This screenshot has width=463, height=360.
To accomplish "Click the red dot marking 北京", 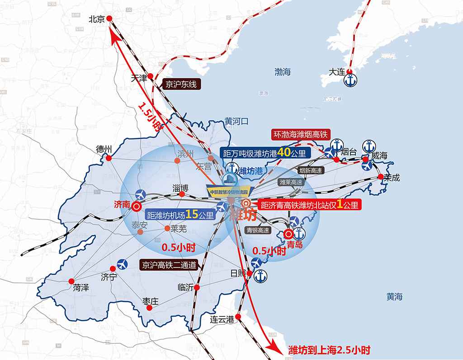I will pos(109,19).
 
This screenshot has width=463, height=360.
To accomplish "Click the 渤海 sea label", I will pos(283,72).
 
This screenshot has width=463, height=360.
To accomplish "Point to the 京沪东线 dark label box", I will pos(180,84).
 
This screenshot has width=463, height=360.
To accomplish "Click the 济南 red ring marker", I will pos(137,207).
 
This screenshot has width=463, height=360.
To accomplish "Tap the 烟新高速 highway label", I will pos(311,170).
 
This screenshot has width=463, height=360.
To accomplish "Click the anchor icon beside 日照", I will pos(260,276).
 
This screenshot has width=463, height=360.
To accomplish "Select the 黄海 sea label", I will pos(394,297).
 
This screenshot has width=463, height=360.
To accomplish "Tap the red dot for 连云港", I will pos(239,317).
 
